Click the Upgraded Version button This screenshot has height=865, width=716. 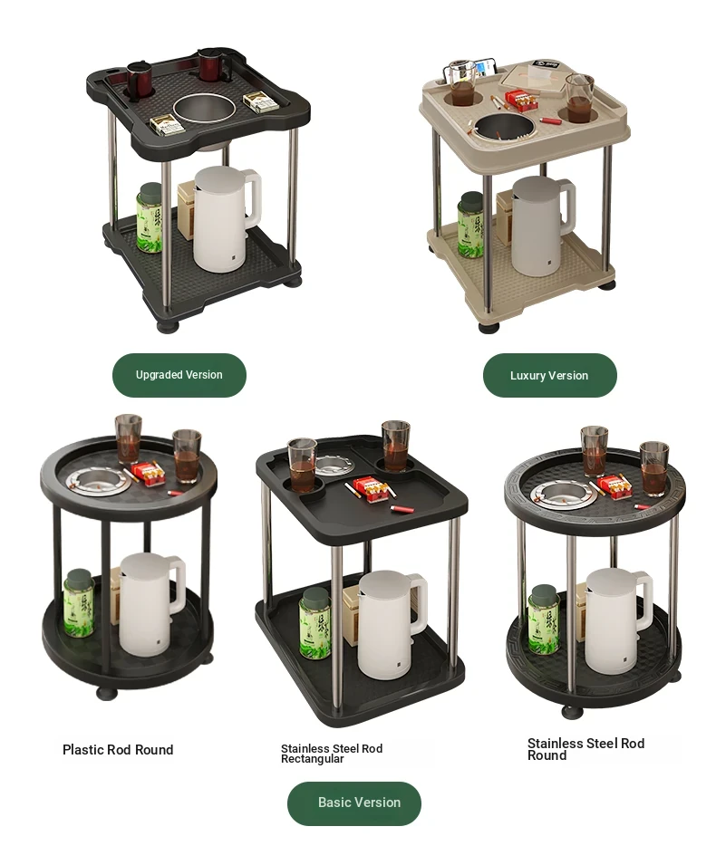(179, 375)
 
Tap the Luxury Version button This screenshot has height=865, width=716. (549, 376)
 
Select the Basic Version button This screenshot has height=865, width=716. (353, 803)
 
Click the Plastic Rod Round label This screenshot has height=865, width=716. (118, 750)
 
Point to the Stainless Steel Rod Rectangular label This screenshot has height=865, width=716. (331, 754)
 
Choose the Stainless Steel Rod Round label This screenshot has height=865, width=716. (585, 749)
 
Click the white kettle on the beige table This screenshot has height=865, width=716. (541, 226)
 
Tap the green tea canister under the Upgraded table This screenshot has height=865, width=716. (149, 218)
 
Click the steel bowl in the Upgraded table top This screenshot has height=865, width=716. (204, 110)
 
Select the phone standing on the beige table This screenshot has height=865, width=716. (487, 69)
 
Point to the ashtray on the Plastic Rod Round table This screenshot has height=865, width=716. (99, 480)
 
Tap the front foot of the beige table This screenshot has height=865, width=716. (489, 328)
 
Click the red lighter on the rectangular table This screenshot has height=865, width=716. (401, 508)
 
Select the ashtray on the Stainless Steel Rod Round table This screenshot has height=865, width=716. (564, 493)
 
